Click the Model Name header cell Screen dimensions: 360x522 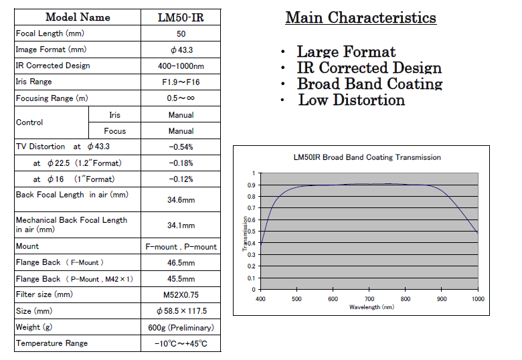(78, 17)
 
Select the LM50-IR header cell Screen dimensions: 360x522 (181, 17)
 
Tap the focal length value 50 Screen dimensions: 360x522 (181, 33)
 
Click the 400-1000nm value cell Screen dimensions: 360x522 (181, 66)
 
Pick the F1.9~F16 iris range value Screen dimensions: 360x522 (181, 82)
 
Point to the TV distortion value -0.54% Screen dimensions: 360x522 (181, 147)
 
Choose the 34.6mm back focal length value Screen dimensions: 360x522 (181, 199)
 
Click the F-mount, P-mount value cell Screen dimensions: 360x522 (181, 246)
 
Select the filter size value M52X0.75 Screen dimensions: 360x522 (181, 295)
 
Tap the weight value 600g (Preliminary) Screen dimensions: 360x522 (181, 328)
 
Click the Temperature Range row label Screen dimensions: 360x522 (52, 343)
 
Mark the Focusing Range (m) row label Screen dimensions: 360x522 (52, 98)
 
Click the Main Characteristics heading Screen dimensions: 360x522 (361, 17)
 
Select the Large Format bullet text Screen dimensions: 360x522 (346, 52)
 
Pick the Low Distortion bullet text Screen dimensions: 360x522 (351, 100)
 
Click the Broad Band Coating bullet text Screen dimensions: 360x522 (369, 84)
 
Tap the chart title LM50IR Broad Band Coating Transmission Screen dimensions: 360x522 (367, 157)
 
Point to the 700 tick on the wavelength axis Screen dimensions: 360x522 (369, 299)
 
